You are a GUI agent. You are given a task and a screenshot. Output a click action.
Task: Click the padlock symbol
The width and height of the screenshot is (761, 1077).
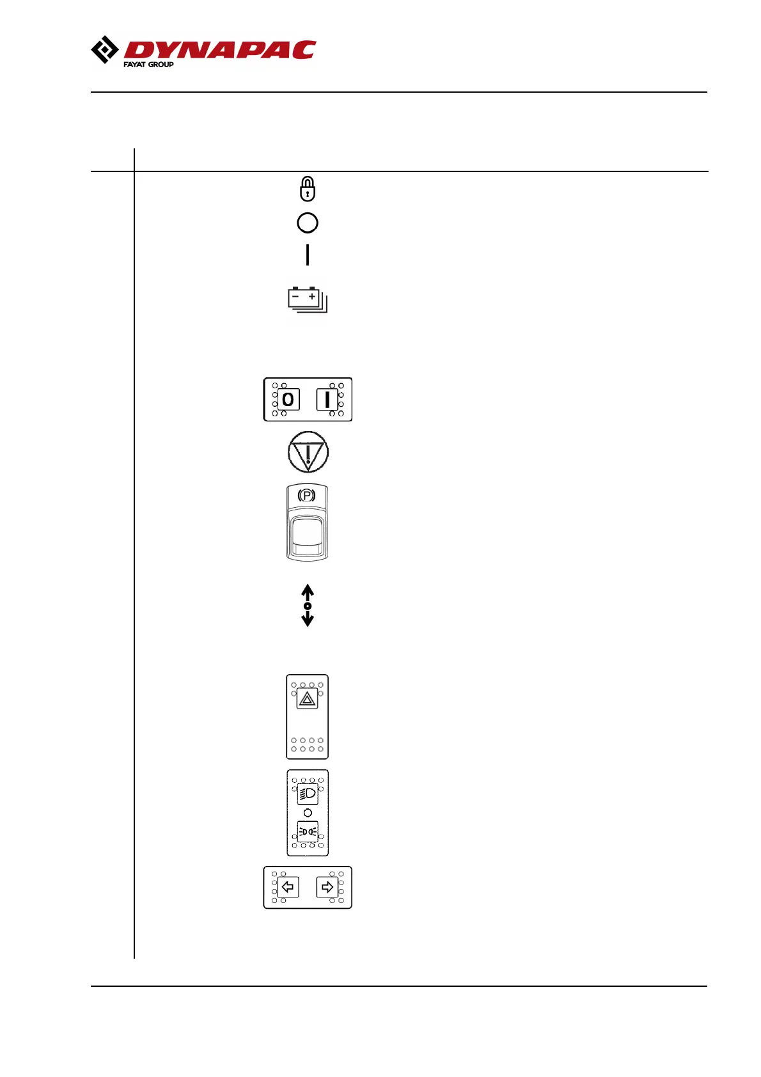pos(308,189)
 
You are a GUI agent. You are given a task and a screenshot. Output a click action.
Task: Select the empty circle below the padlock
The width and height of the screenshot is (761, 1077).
pos(308,223)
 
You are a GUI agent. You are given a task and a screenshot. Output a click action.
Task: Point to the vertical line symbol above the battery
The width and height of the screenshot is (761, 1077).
pos(308,255)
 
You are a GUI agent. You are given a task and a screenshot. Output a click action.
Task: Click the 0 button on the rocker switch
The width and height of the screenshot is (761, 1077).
pos(288,400)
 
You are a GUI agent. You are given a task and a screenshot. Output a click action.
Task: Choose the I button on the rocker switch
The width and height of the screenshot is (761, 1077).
pos(327,400)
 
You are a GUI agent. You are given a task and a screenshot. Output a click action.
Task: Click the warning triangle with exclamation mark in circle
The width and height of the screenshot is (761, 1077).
pos(308,452)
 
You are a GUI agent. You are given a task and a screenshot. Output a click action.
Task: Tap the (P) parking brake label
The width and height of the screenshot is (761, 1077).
pos(307,496)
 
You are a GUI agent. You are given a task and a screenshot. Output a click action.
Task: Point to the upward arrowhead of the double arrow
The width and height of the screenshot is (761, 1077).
pos(308,590)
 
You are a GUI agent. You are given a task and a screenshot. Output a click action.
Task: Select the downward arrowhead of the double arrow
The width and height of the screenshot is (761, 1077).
pos(308,620)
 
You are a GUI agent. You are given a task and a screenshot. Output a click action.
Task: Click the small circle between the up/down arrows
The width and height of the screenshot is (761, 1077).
pos(308,606)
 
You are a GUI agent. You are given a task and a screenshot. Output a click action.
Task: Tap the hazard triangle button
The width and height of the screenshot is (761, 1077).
pos(308,700)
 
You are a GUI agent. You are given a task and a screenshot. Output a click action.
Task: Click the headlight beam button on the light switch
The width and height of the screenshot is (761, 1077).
pos(308,794)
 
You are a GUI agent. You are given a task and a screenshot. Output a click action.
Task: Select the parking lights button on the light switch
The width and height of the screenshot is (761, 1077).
pos(308,831)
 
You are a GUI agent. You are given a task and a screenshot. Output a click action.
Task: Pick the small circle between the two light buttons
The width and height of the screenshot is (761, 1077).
pos(308,813)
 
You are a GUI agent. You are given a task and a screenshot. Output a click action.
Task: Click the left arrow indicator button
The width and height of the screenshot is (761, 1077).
pos(288,887)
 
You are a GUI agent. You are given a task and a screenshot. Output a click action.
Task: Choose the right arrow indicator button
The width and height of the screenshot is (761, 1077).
pos(327,887)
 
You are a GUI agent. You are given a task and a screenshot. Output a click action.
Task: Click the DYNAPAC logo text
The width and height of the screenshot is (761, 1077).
pos(219,50)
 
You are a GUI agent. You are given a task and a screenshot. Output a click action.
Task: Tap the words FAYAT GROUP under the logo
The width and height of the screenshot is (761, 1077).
pos(148,65)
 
